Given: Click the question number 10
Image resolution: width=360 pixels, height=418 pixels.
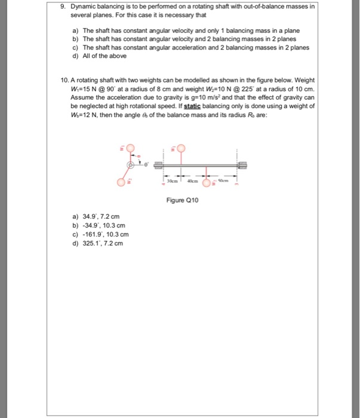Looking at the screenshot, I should [x=66, y=80].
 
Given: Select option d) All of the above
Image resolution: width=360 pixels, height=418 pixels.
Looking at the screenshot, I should [x=99, y=56].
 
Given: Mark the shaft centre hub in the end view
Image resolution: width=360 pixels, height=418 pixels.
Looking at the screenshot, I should [x=130, y=164].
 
